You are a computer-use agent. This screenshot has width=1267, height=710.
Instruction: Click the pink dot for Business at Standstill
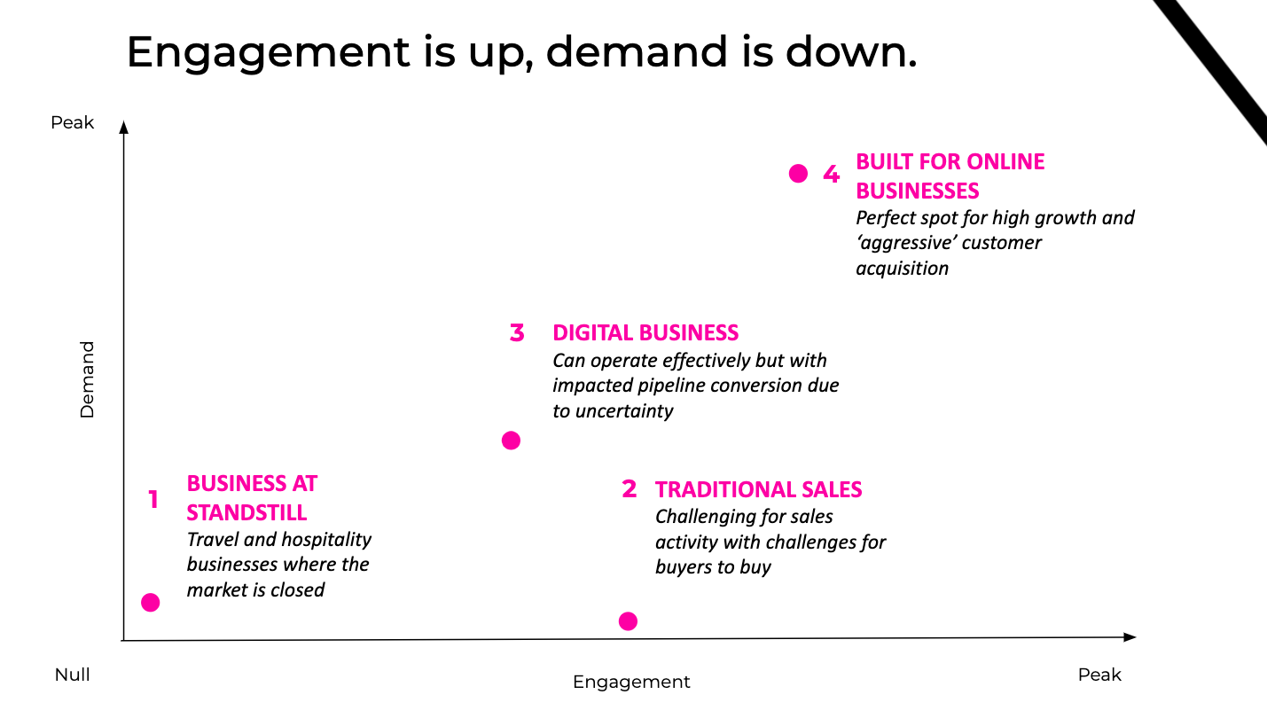[151, 603]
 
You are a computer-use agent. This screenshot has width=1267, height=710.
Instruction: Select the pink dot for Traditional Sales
[628, 621]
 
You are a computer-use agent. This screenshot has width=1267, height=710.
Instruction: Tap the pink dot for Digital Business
[511, 441]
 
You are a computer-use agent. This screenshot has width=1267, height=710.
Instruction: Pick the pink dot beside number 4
[798, 174]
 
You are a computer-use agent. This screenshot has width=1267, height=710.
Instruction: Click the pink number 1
[153, 500]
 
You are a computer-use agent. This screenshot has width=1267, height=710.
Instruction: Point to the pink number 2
[629, 489]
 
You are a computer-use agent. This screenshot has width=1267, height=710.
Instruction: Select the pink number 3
[517, 332]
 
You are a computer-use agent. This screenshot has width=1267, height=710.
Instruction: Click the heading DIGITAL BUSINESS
[645, 333]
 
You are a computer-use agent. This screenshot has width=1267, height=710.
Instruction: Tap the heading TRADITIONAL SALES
[758, 489]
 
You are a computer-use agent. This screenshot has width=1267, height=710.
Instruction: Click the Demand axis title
[87, 379]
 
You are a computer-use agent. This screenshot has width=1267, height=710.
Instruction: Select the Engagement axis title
[631, 683]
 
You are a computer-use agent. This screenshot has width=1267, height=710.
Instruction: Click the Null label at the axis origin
[73, 675]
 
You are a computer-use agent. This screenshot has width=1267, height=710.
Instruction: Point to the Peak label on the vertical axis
[73, 122]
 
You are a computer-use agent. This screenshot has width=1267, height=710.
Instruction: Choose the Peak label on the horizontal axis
[1099, 675]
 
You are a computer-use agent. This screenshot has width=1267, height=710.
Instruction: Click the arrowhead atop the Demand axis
[124, 127]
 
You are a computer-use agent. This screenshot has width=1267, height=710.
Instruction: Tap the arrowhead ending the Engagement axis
[1130, 637]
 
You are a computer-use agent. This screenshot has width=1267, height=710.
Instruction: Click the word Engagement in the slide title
[268, 53]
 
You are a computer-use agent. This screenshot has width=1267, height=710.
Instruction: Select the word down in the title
[851, 52]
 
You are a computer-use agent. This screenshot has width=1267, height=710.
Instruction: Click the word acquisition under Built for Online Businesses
[903, 269]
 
